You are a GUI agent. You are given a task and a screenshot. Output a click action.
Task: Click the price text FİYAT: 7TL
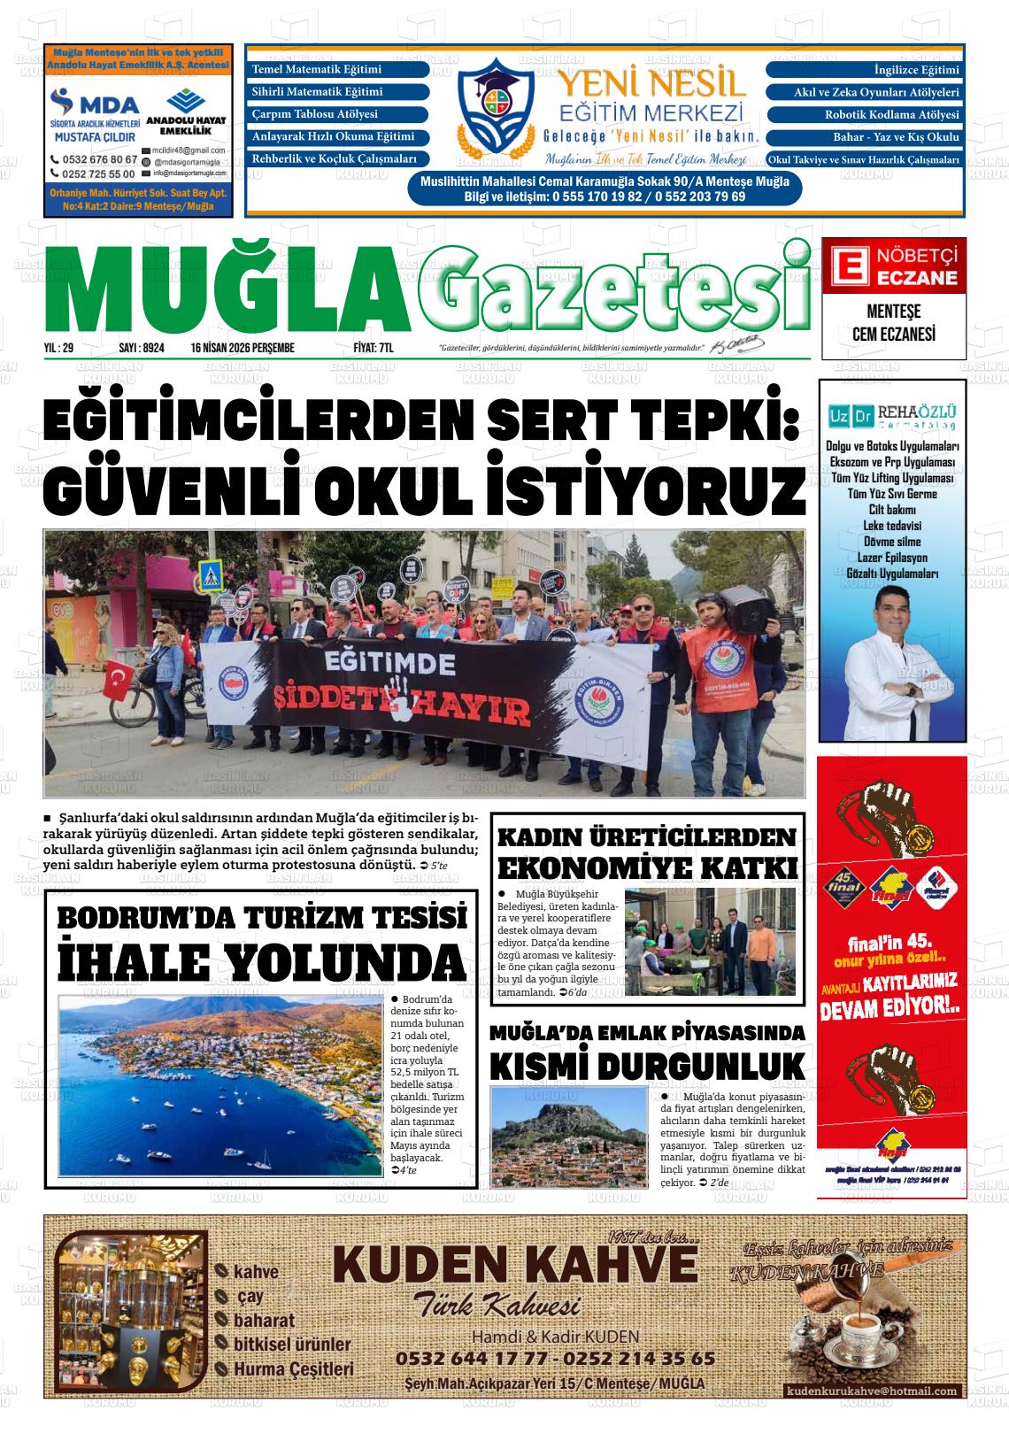pos(373,349)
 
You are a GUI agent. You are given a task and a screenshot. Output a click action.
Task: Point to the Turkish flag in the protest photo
pos(118,680)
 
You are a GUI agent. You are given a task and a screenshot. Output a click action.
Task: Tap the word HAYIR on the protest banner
pos(476,711)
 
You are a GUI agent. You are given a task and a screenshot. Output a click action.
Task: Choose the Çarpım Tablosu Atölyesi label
pos(315,114)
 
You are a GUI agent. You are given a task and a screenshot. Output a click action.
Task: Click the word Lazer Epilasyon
pos(892,558)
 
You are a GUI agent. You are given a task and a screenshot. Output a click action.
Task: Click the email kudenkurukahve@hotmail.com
pos(871,1391)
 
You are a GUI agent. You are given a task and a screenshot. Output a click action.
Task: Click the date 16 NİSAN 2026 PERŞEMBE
pos(242,349)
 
